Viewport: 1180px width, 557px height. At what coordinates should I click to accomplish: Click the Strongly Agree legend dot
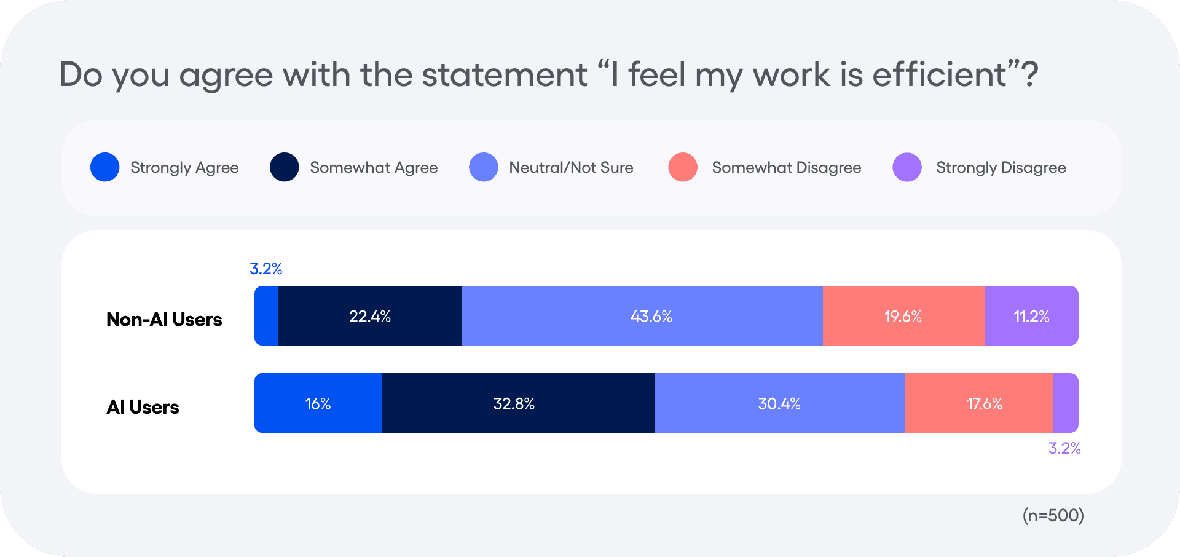105,167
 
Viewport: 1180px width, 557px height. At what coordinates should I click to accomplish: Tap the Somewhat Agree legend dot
285,167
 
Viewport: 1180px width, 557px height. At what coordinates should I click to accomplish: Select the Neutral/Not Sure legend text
571,167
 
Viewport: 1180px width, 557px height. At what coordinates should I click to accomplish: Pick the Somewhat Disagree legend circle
683,167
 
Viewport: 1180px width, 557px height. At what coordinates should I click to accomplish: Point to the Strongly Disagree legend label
1001,167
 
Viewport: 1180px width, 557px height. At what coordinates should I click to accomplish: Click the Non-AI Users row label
164,319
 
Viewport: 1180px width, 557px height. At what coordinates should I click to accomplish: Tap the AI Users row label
143,407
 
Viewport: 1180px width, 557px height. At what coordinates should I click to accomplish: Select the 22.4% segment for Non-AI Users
369,316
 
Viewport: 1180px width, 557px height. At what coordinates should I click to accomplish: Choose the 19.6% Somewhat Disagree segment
903,316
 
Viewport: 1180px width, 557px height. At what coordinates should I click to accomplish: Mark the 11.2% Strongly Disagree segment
1031,316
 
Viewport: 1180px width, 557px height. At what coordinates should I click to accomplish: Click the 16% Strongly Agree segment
318,403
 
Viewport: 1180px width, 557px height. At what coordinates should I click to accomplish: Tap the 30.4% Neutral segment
779,403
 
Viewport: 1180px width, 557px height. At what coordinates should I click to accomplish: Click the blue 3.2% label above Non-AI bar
266,269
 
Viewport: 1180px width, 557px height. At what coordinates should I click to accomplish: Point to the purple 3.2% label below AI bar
1064,448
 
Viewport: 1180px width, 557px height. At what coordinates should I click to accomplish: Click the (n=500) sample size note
1053,515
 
